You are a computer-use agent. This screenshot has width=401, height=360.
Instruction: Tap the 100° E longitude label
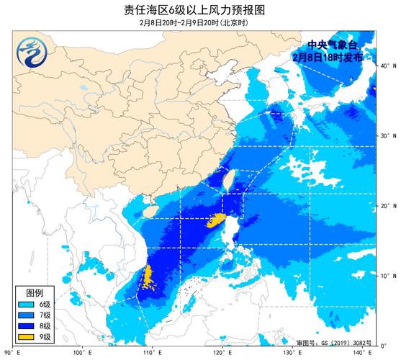[x=84, y=351]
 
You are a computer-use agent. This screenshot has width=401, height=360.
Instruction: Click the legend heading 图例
[x=35, y=293]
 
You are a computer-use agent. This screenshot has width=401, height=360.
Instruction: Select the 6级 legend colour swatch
[x=27, y=305]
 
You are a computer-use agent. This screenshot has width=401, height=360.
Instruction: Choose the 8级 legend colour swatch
[x=27, y=325]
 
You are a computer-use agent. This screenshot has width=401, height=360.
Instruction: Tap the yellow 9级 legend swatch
[x=27, y=336]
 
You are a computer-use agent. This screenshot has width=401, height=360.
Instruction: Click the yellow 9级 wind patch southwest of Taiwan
[x=213, y=220]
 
